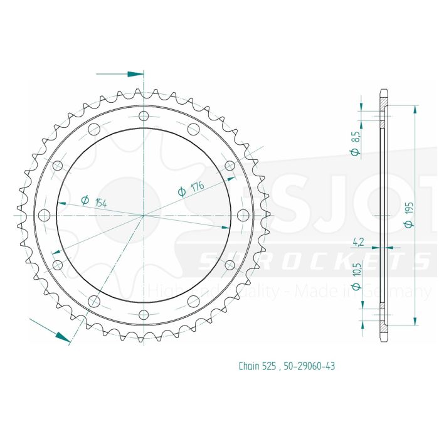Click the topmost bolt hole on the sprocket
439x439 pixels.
coord(144,116)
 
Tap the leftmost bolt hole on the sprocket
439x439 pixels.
coord(44,215)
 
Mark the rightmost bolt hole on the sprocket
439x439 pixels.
coord(243,215)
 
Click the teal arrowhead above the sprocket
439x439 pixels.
coord(135,74)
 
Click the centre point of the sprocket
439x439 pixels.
coord(144,215)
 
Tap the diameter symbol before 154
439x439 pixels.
coord(84,200)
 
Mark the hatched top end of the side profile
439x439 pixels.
coord(384,102)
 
